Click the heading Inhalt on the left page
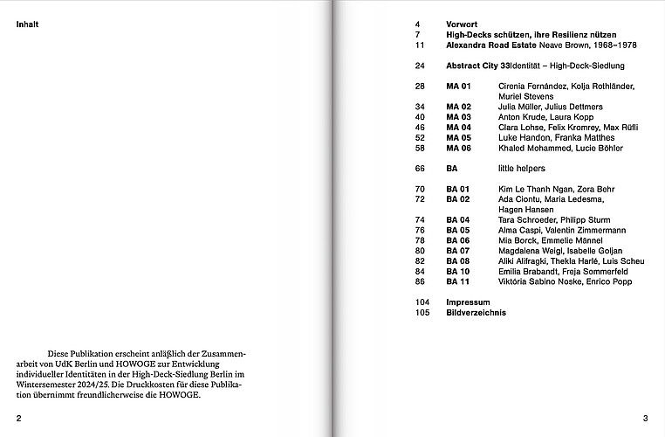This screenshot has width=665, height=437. click(27, 24)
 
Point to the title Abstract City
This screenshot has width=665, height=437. click(474, 66)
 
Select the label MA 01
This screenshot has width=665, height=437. click(458, 87)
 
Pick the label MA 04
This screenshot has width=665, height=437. click(458, 128)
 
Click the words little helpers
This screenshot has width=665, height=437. click(521, 169)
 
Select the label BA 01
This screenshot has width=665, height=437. click(458, 189)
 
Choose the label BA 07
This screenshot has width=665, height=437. click(458, 251)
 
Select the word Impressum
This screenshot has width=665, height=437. click(467, 302)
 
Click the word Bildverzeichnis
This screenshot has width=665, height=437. click(476, 312)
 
